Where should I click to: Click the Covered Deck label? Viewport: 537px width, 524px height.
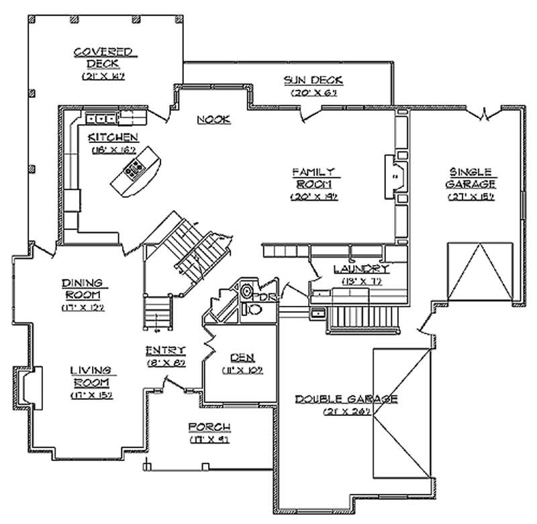click(103, 58)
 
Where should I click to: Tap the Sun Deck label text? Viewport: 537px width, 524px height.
click(313, 81)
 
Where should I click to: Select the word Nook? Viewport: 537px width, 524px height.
click(215, 119)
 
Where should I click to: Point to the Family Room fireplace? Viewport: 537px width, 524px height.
click(395, 176)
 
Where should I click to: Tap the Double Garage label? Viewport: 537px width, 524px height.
click(347, 399)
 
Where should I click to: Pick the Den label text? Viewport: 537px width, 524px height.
click(241, 358)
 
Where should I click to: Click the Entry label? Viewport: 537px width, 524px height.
click(166, 350)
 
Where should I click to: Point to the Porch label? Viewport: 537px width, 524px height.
click(209, 427)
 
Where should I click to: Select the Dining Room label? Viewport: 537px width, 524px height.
click(83, 289)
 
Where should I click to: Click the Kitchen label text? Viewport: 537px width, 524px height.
click(113, 138)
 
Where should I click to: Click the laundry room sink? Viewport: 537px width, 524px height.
click(317, 313)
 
